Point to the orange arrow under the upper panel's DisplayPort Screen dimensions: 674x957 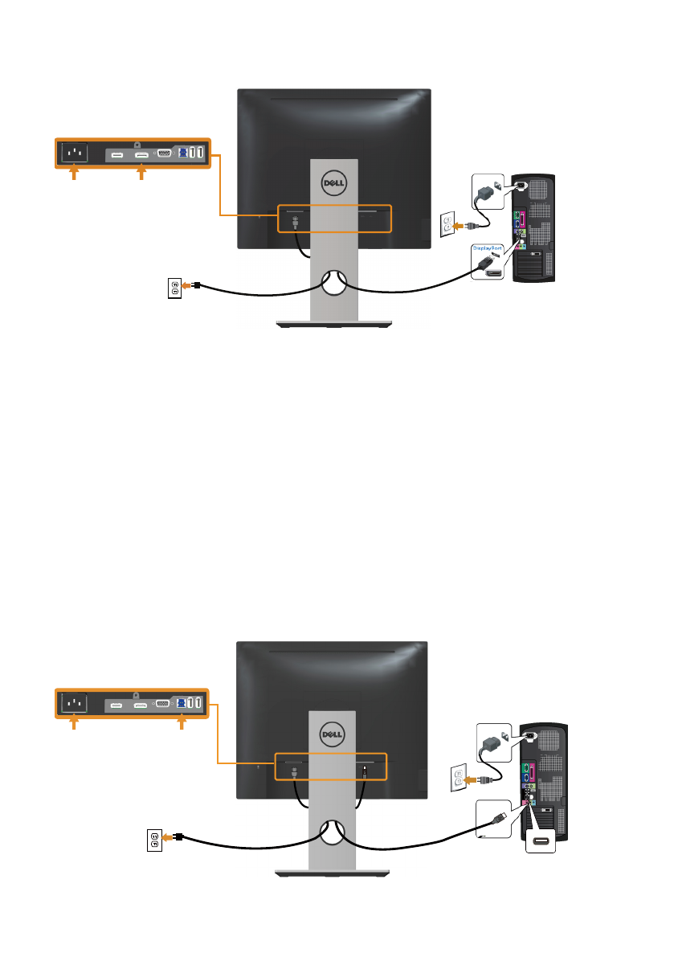[141, 174]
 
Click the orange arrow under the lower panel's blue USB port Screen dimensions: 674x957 [182, 726]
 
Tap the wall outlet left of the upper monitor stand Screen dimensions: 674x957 [174, 286]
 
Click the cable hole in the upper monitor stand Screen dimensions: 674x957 [333, 280]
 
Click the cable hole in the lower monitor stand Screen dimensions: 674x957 [333, 832]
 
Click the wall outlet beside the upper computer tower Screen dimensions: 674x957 [449, 226]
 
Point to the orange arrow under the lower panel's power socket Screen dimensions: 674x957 [74, 726]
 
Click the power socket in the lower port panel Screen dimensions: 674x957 [74, 704]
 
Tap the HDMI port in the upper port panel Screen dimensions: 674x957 [117, 153]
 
